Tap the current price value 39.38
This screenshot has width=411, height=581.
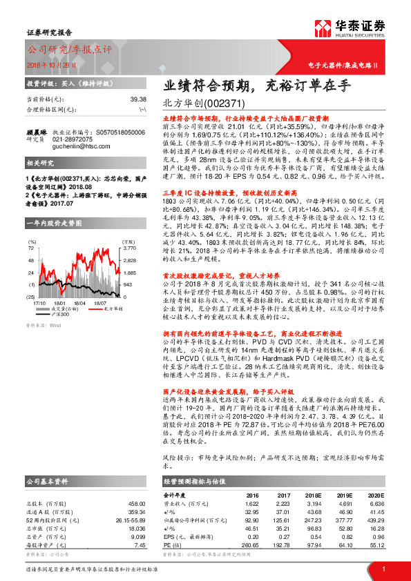click(x=137, y=99)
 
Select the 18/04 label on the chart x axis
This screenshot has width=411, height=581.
click(x=79, y=283)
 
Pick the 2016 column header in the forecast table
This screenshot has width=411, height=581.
click(x=252, y=495)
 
